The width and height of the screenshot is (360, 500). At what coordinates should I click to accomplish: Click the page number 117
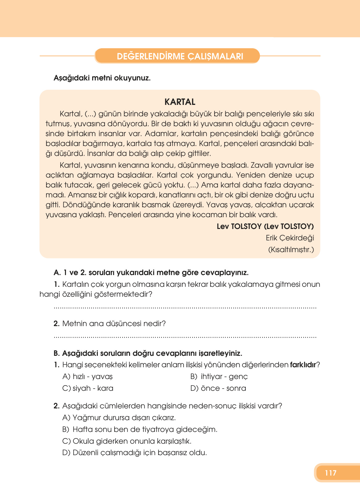click(331, 473)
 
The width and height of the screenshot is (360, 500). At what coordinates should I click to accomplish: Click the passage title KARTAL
click(180, 102)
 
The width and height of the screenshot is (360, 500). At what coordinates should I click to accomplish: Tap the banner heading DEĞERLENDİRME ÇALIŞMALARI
click(180, 56)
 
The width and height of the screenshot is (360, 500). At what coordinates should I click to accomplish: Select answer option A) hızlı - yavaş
click(88, 377)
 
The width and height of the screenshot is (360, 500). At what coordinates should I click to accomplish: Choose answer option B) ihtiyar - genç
click(219, 377)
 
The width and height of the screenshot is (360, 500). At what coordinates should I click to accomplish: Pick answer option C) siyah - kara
click(88, 388)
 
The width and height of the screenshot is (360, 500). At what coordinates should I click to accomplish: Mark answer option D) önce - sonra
click(218, 388)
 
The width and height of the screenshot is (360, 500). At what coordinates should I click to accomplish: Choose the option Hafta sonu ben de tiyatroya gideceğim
click(140, 429)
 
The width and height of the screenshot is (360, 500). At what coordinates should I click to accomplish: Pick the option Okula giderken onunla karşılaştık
click(127, 441)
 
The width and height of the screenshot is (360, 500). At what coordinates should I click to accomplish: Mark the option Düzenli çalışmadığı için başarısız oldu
click(135, 453)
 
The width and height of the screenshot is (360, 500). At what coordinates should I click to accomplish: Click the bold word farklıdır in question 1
click(303, 365)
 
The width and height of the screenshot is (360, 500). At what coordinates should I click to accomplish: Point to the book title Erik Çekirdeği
click(290, 238)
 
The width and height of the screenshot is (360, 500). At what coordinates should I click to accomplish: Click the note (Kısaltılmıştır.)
click(291, 250)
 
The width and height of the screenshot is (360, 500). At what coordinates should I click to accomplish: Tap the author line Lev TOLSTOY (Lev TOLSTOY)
click(265, 226)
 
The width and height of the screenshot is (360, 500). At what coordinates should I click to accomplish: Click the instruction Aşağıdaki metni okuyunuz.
click(102, 78)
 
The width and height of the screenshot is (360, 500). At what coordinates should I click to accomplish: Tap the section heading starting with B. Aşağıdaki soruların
click(148, 353)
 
